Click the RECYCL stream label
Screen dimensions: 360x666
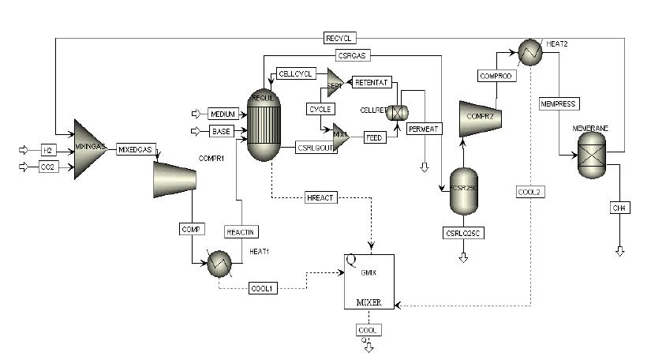[342, 37]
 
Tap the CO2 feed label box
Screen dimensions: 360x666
[47, 167]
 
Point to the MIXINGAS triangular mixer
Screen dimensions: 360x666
[89, 149]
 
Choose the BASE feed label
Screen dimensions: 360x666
[221, 131]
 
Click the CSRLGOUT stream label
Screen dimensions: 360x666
[315, 146]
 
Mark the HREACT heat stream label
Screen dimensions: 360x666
[321, 197]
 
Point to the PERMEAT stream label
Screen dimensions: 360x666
[425, 128]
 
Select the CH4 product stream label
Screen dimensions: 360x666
[618, 208]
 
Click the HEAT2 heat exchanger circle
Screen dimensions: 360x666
[528, 51]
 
